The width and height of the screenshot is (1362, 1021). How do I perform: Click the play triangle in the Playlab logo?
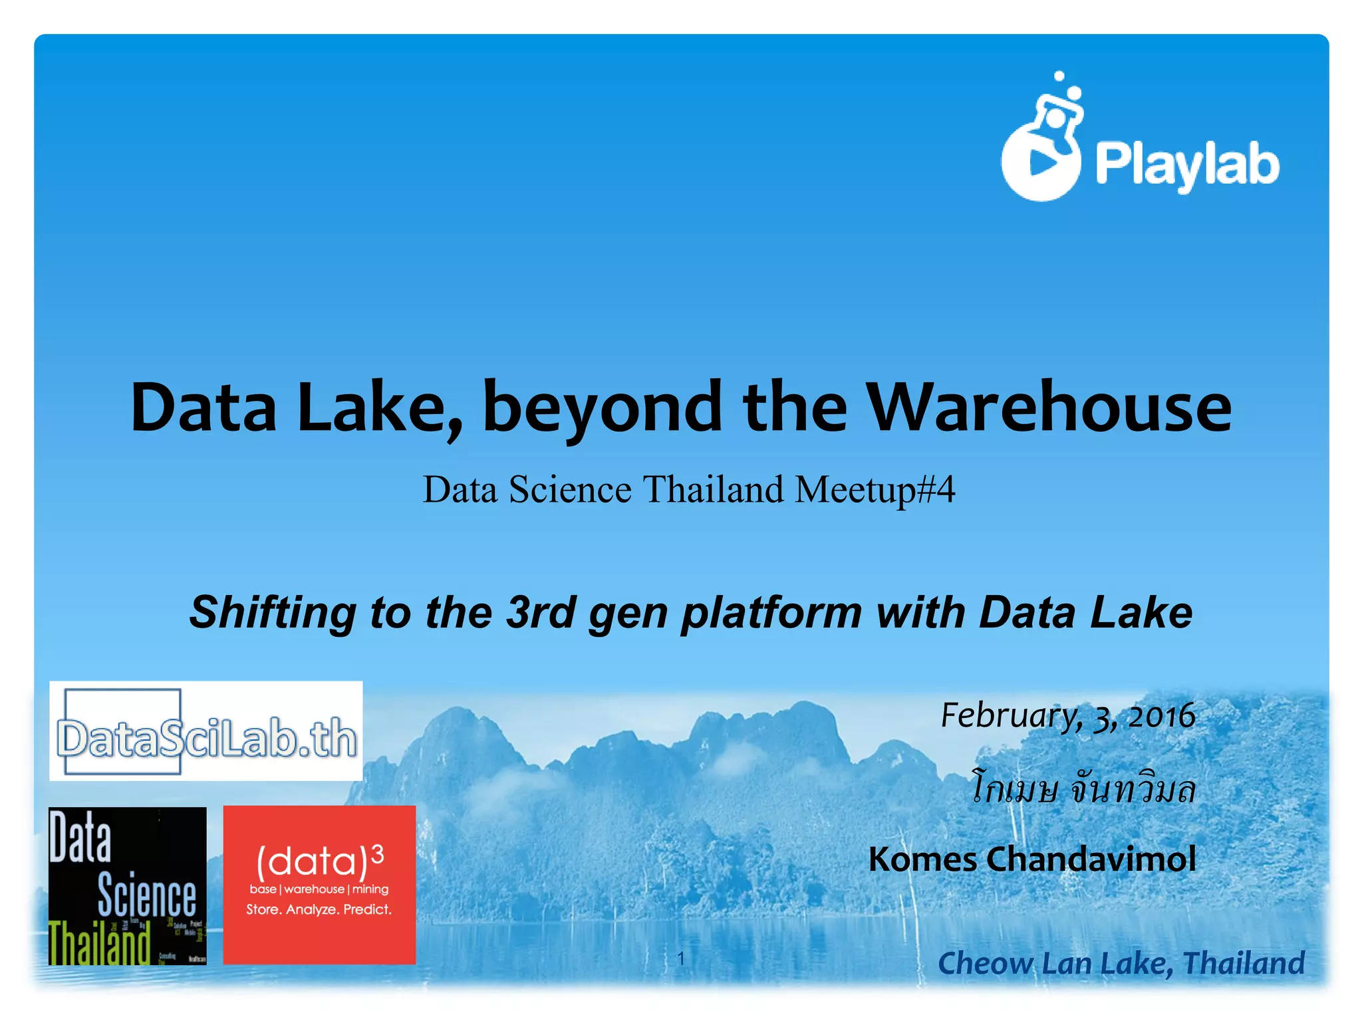click(1042, 162)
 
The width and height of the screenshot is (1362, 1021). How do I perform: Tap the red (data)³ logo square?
click(319, 885)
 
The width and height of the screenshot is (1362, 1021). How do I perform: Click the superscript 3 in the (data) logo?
click(377, 853)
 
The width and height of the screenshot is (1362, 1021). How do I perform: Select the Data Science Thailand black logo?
click(128, 885)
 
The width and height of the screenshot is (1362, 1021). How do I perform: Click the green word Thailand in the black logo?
click(100, 943)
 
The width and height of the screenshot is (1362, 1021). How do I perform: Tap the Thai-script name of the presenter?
click(1083, 790)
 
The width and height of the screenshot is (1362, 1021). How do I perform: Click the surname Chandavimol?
click(1091, 859)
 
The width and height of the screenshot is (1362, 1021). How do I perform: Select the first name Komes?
click(922, 859)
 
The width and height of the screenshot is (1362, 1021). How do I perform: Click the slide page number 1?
click(680, 958)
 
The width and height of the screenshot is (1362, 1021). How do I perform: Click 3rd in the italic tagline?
click(541, 612)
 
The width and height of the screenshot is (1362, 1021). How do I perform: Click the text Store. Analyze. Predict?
click(319, 909)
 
